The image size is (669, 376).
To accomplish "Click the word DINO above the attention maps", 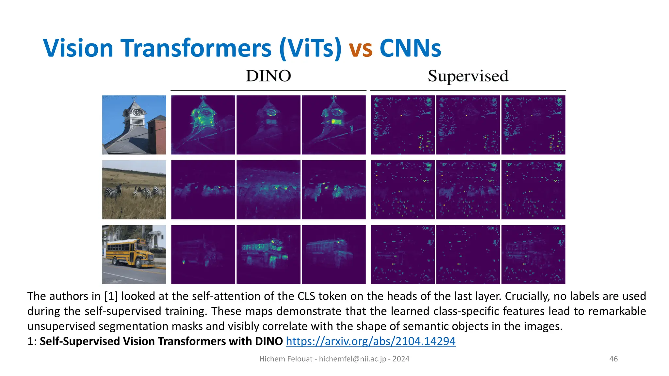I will tap(268, 76).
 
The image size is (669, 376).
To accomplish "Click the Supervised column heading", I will tap(468, 76).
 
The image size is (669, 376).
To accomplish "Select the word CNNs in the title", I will tap(410, 48).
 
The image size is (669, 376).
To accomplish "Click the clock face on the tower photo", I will tap(138, 112).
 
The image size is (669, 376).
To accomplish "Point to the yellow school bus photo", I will tap(134, 254).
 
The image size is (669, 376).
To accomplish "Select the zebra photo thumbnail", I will tap(134, 190).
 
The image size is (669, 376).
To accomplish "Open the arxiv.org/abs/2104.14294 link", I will tap(370, 341).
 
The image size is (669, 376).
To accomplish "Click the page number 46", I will tap(613, 359).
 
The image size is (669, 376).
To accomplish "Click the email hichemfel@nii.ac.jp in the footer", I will tap(352, 359).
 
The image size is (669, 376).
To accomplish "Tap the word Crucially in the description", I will tap(526, 296).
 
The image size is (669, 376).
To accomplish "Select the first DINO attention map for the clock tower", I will tap(203, 125).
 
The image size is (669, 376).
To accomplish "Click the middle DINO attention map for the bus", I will tap(268, 254).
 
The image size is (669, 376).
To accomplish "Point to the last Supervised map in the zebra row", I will tap(533, 190).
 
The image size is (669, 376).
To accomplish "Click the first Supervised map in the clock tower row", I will tap(402, 125).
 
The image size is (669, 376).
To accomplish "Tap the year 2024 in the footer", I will tap(401, 359).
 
